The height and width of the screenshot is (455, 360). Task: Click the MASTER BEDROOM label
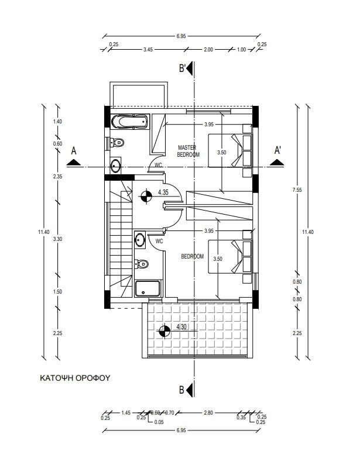click(188, 151)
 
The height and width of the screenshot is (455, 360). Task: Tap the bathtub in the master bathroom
click(130, 122)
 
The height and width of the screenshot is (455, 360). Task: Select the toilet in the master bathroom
click(116, 143)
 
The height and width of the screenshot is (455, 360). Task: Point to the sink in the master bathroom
click(116, 166)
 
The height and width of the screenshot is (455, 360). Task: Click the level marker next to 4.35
click(146, 197)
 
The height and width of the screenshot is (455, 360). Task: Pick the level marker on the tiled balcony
click(164, 331)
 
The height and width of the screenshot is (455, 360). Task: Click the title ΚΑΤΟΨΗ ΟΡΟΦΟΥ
click(75, 378)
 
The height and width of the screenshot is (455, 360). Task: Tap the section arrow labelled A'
click(277, 163)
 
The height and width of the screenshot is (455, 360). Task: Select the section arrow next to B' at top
click(190, 69)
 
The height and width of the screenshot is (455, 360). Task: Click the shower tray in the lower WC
click(148, 288)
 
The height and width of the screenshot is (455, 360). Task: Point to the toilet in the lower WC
click(142, 264)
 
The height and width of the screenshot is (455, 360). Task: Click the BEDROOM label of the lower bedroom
click(193, 257)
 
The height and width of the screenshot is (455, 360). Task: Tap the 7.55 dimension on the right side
click(297, 190)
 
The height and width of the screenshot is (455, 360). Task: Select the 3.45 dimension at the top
click(148, 50)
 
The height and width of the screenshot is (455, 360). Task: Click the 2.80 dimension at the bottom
click(208, 413)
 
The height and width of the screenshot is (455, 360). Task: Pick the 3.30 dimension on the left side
click(57, 239)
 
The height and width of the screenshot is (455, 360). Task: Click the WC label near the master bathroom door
click(159, 165)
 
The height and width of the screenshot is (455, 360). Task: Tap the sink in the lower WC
click(140, 240)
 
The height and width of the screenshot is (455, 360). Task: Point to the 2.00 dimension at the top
click(208, 50)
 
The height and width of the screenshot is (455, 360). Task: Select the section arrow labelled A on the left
click(74, 163)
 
